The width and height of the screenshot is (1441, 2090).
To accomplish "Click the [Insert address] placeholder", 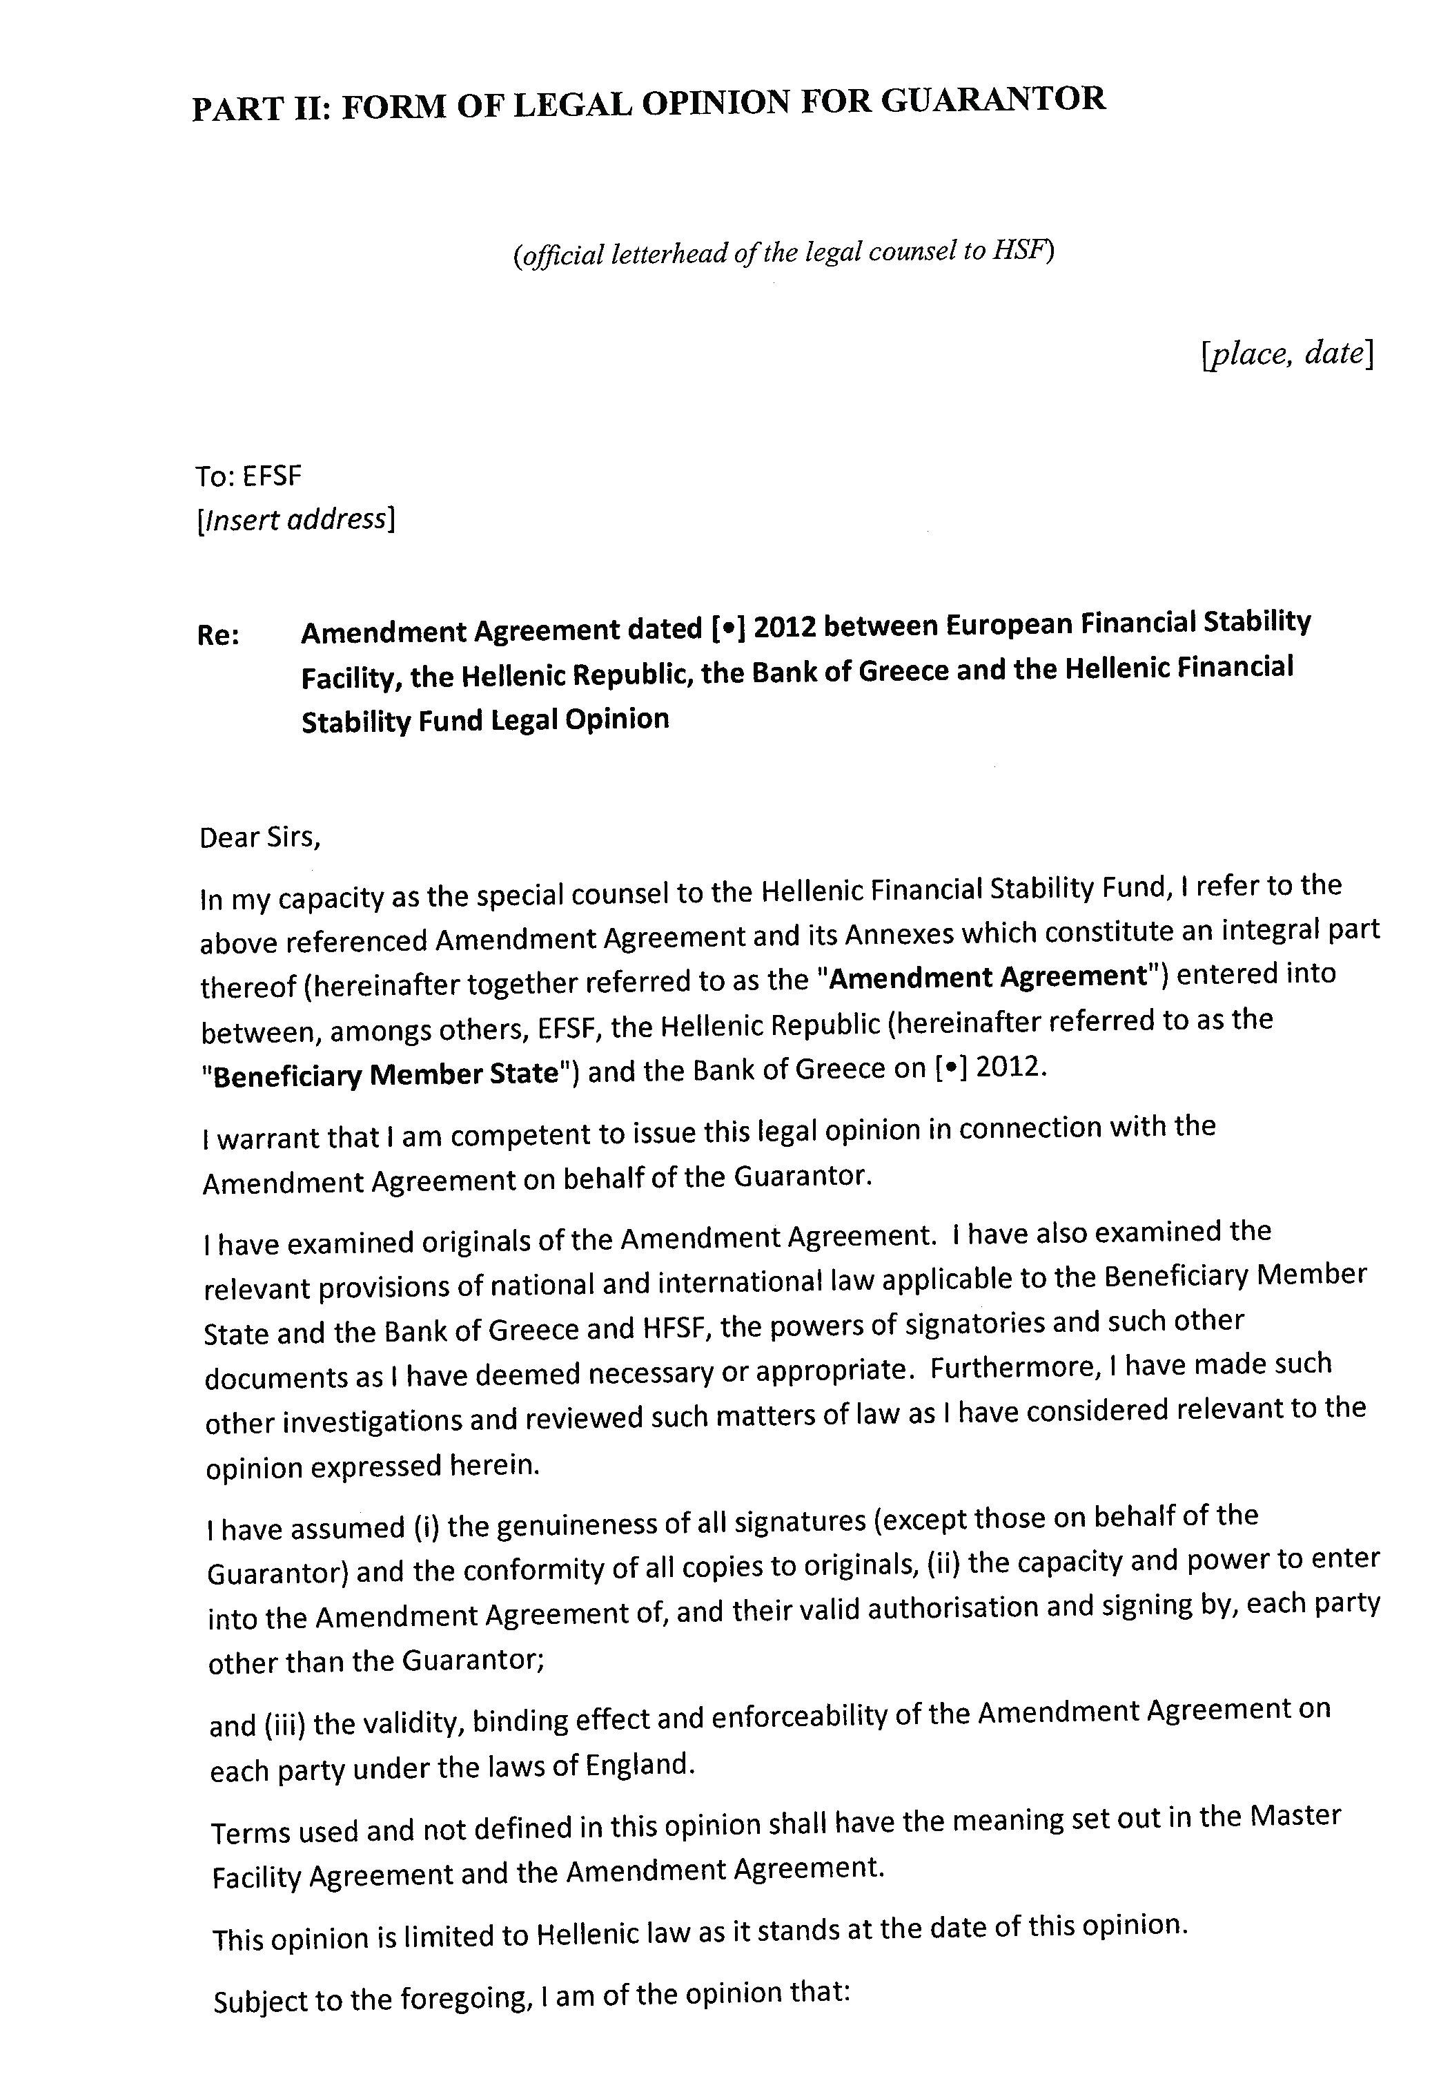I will point(296,520).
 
